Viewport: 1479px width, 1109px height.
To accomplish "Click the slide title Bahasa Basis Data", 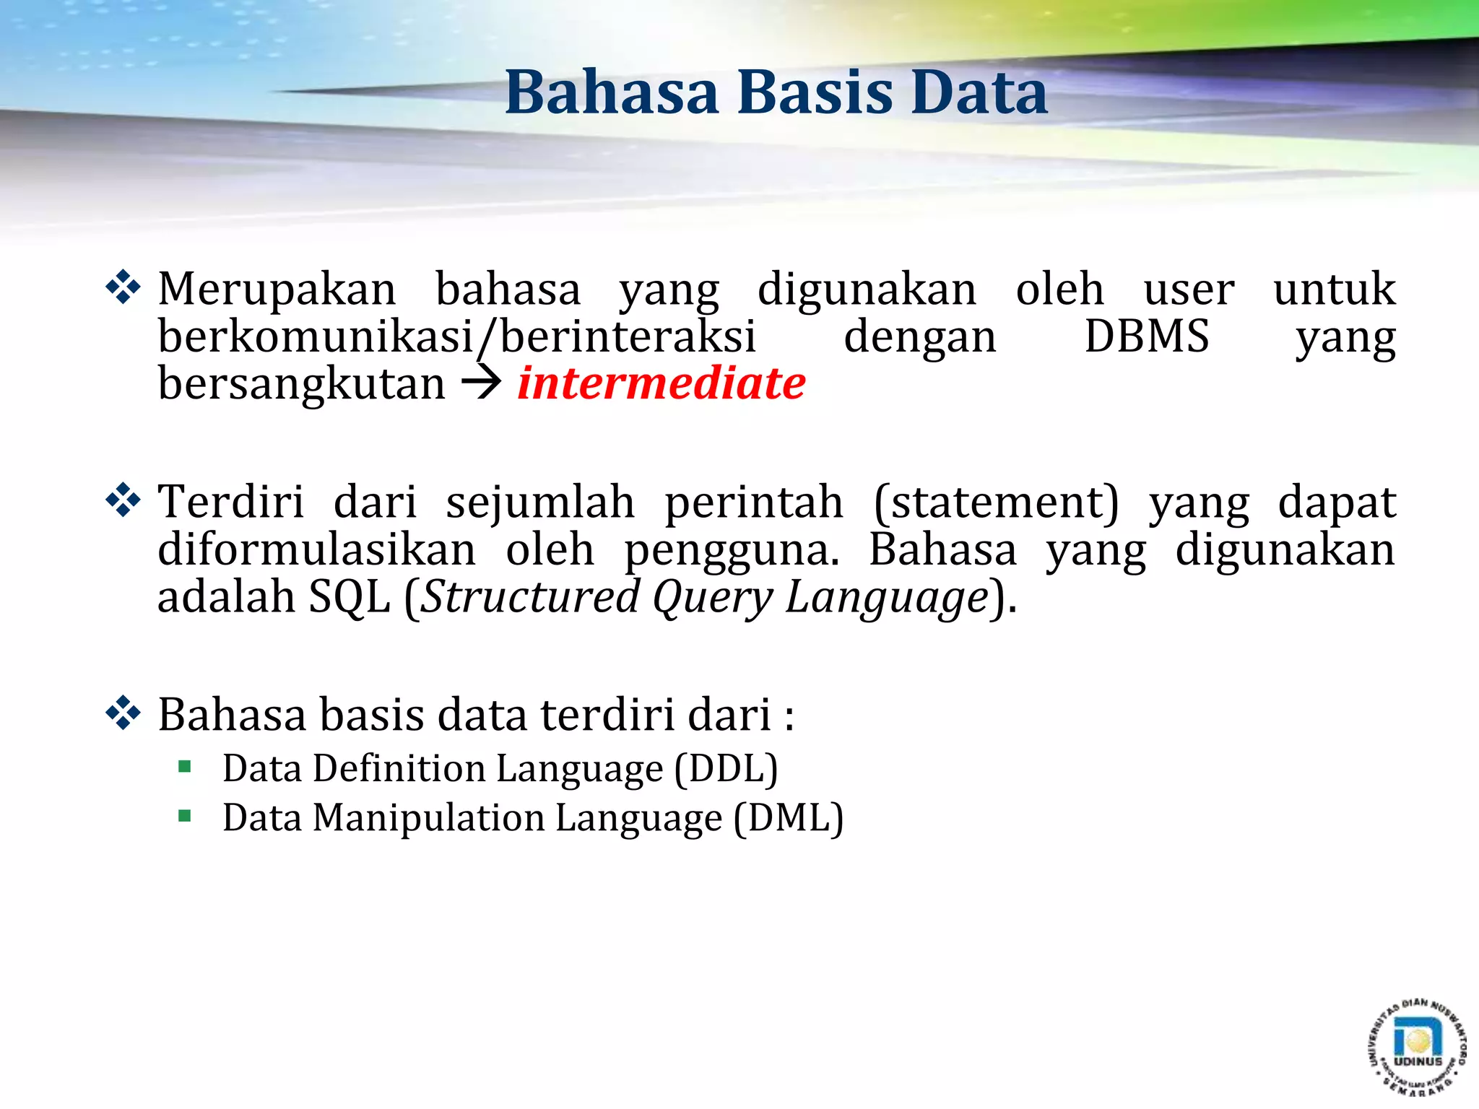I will click(776, 92).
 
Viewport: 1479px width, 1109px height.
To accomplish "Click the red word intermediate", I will click(662, 383).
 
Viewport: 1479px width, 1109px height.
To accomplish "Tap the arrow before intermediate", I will click(481, 383).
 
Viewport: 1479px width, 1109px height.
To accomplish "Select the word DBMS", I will click(1146, 336).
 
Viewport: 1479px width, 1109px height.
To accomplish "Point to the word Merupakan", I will click(277, 290).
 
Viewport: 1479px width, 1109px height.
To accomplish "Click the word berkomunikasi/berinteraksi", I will click(456, 338).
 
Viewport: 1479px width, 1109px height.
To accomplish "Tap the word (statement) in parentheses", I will click(996, 503).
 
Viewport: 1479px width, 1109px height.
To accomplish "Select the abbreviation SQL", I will click(350, 598).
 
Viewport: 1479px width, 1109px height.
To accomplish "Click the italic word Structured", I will click(530, 598).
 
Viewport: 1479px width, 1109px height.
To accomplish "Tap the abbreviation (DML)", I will click(789, 818).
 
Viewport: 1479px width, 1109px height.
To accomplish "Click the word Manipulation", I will click(429, 818).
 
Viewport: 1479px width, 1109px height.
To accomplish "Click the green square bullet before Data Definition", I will click(185, 767).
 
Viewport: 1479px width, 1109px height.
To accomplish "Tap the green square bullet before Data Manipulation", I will click(185, 817).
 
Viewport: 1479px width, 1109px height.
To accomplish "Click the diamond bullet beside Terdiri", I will click(123, 500).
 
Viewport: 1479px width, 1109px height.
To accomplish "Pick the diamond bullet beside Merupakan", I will click(123, 287).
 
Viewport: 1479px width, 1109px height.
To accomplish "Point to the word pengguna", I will click(732, 552).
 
